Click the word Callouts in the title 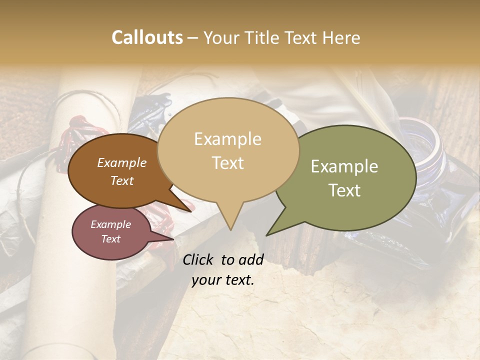click(147, 37)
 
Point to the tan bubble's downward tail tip click(230, 229)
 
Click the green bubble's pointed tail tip click(267, 235)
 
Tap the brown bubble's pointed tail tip click(191, 211)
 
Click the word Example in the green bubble click(344, 166)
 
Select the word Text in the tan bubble click(228, 163)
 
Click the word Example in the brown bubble click(122, 162)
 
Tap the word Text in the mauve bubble click(111, 239)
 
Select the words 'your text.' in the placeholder click(223, 280)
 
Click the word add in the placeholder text click(251, 259)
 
